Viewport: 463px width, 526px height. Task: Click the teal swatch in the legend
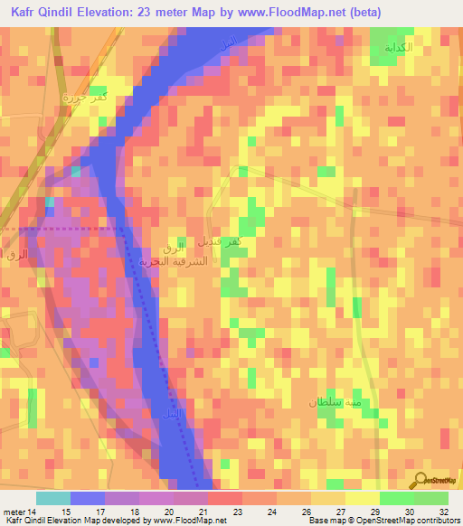point(52,498)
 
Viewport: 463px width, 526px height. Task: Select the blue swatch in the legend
point(87,498)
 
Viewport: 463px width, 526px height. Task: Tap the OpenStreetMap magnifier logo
point(420,481)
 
